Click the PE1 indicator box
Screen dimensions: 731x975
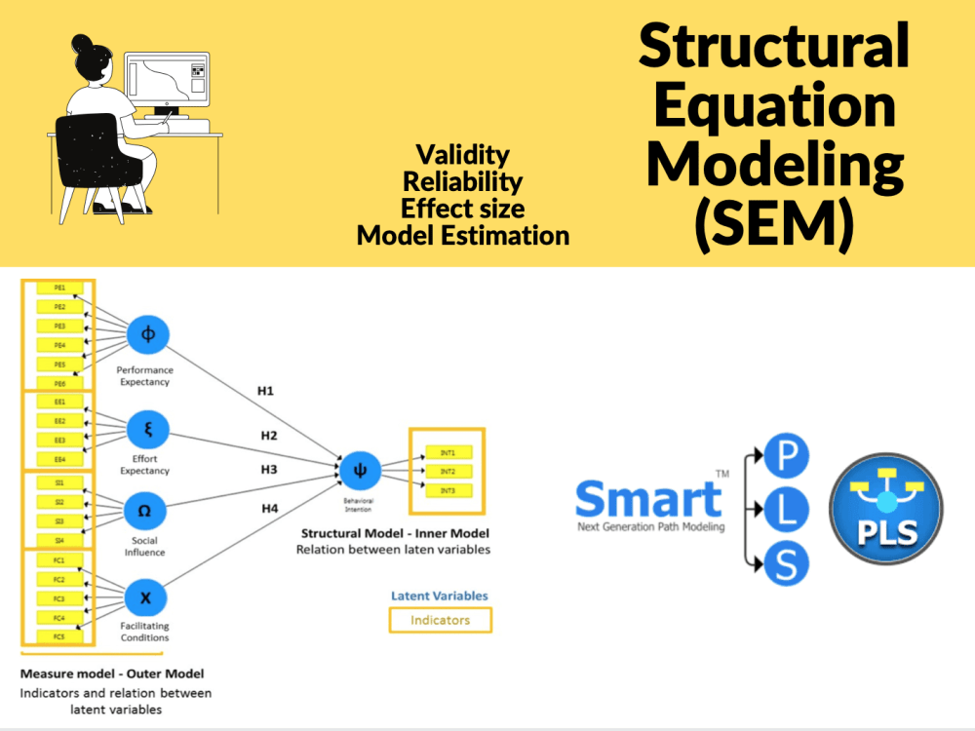click(59, 288)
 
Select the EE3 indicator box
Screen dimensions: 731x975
click(59, 440)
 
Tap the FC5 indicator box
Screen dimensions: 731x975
click(59, 636)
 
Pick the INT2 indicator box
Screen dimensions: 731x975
click(448, 471)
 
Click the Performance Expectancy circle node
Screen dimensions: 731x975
click(148, 334)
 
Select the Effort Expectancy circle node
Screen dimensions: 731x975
click(148, 428)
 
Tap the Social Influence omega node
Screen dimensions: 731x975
click(144, 511)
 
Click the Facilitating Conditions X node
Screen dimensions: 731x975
click(145, 597)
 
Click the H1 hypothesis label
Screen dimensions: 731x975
click(265, 391)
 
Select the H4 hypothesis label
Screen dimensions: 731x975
click(269, 508)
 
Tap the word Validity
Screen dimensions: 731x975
click(462, 155)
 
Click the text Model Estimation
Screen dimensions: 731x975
click(462, 236)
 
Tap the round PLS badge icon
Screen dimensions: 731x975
click(885, 508)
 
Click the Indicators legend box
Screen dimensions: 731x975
click(440, 620)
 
